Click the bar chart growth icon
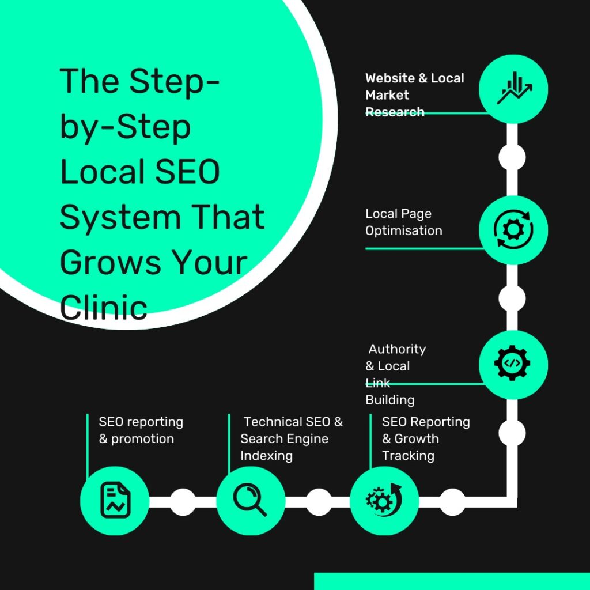coord(513,89)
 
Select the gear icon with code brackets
coord(512,364)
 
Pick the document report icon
coord(115,500)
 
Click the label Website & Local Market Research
coord(414,94)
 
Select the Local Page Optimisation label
coord(403,222)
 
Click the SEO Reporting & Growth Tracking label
coord(425,438)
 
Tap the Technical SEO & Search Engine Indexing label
coord(291,438)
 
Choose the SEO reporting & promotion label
coord(140,430)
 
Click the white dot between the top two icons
coord(512,157)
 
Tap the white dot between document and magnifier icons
coord(183,502)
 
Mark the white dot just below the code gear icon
coord(512,432)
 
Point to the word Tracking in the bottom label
coord(408,455)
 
